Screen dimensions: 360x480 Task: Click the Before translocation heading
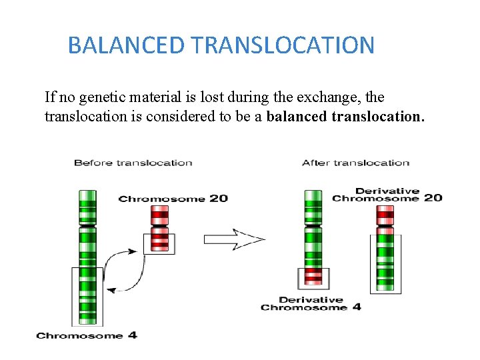(133, 163)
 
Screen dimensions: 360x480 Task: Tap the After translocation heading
(355, 163)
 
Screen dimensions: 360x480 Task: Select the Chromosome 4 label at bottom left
(87, 335)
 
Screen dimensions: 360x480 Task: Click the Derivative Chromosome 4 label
(311, 304)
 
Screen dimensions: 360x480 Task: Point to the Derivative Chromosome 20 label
(387, 195)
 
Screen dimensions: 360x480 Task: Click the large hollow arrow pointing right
(234, 239)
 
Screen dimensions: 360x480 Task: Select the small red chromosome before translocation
(159, 227)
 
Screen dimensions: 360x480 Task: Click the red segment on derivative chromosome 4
(313, 275)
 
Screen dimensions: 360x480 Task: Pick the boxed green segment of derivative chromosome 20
(386, 263)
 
